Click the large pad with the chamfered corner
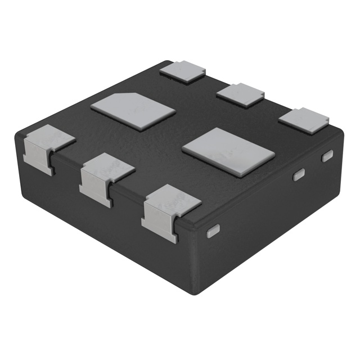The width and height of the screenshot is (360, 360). tap(134, 111)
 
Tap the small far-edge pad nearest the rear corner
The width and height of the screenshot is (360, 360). tap(182, 71)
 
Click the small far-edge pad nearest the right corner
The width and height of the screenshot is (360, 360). tap(303, 120)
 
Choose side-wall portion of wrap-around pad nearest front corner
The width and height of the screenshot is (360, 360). tap(157, 224)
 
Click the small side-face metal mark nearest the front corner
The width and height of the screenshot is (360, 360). tap(213, 231)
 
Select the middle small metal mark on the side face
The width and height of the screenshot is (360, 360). tap(299, 175)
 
